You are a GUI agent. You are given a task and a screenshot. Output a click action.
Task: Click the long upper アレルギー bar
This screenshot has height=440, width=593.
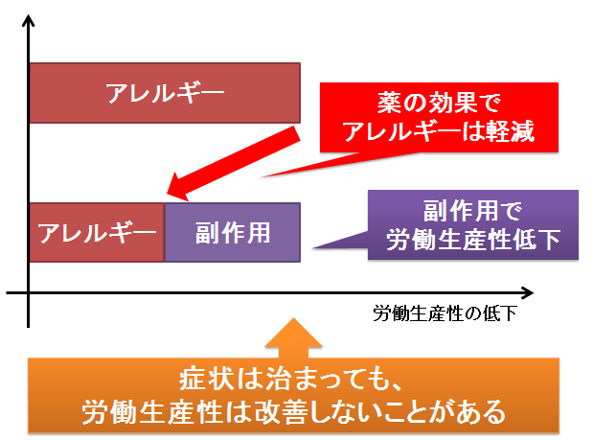click(165, 93)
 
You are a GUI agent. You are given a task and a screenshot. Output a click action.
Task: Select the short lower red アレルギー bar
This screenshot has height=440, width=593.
click(97, 232)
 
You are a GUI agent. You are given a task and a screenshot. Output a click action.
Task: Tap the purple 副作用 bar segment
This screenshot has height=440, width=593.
click(233, 232)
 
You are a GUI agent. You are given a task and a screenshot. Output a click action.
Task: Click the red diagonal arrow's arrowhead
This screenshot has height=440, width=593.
click(178, 188)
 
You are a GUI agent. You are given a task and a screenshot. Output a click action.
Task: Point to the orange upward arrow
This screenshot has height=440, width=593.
click(293, 337)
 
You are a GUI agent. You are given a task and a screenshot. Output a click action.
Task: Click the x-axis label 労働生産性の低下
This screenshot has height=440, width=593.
click(445, 313)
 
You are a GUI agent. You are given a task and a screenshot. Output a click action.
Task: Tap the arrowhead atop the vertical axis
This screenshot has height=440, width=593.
click(28, 20)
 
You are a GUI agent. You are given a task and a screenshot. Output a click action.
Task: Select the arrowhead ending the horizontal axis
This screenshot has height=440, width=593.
click(528, 292)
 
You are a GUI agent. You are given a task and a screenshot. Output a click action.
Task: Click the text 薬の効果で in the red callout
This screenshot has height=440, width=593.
click(439, 103)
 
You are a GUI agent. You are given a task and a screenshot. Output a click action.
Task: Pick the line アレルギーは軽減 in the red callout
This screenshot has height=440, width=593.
click(439, 131)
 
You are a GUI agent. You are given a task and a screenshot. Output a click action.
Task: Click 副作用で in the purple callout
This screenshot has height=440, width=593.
click(472, 211)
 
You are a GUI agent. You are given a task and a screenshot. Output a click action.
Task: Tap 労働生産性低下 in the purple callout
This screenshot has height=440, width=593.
click(472, 240)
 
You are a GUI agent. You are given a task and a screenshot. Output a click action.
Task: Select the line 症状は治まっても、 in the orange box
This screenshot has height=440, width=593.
click(291, 379)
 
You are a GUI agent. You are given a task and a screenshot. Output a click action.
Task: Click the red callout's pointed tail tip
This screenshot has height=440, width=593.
click(262, 176)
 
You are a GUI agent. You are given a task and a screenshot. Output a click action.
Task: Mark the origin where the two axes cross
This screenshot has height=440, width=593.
click(29, 292)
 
